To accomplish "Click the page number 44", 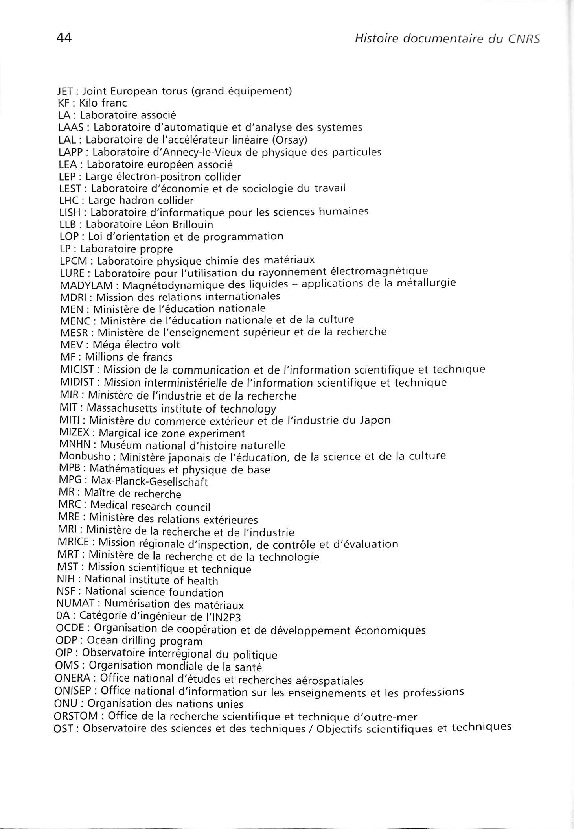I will [x=64, y=38].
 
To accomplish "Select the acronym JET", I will [x=64, y=91].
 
